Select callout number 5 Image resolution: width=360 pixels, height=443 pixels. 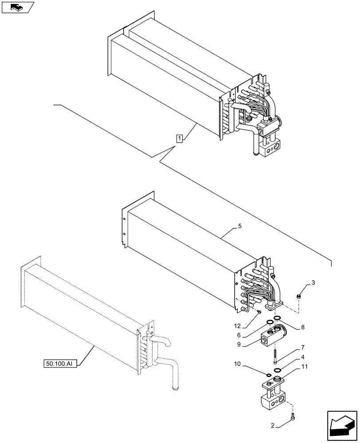pyautogui.click(x=239, y=226)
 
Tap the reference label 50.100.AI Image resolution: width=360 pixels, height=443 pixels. pyautogui.click(x=61, y=364)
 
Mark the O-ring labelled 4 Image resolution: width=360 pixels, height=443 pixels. pyautogui.click(x=277, y=370)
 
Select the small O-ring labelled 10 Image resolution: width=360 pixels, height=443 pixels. pyautogui.click(x=269, y=375)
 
